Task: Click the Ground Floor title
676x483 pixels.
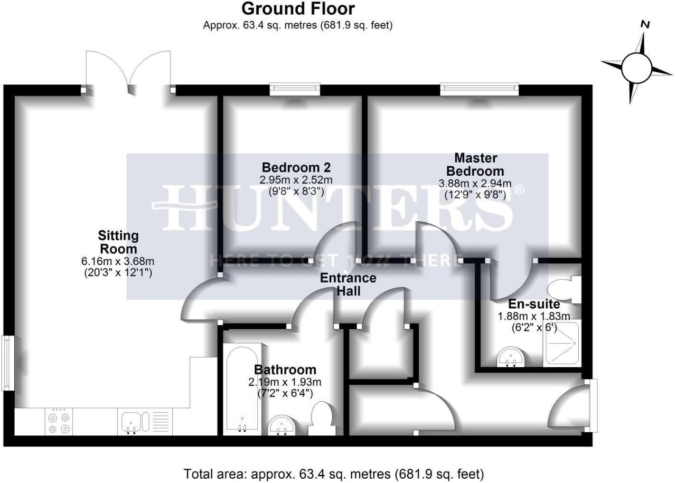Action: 298,9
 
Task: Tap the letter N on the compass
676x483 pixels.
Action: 645,25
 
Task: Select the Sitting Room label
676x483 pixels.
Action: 118,242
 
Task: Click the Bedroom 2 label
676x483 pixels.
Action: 296,168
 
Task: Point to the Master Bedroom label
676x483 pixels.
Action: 475,164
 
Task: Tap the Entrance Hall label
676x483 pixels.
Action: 348,284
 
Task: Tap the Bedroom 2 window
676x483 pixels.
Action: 295,89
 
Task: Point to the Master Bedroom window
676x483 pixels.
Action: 479,89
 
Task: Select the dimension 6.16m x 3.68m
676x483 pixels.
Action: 118,261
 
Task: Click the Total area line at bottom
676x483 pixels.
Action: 334,474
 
